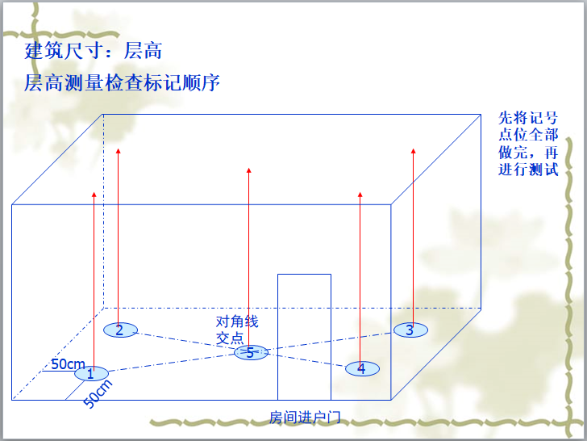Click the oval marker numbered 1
[91, 373]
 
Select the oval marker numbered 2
[120, 330]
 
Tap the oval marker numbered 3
[410, 329]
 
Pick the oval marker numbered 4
[362, 368]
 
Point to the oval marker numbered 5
[251, 353]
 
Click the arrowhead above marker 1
[94, 195]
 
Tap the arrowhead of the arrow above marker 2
[119, 151]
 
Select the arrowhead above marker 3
[413, 151]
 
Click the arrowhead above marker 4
[360, 195]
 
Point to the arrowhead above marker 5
[249, 170]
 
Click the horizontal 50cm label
[68, 364]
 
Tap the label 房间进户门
[306, 418]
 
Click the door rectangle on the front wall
[304, 336]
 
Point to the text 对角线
[237, 321]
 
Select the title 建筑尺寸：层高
[94, 51]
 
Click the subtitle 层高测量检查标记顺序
[123, 83]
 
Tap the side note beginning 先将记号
[528, 143]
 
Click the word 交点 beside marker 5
[229, 338]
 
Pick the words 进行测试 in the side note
[528, 170]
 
